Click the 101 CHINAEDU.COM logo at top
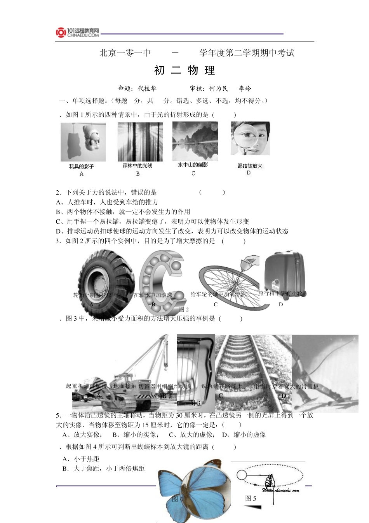point(77,33)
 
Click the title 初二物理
point(184,70)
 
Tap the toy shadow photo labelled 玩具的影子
point(83,142)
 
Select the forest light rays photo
point(140,142)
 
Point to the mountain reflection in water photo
point(195,141)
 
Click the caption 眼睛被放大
point(250,166)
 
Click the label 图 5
point(251,498)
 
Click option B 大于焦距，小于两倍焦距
point(104,469)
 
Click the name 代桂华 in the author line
point(147,88)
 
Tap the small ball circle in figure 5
point(241,475)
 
